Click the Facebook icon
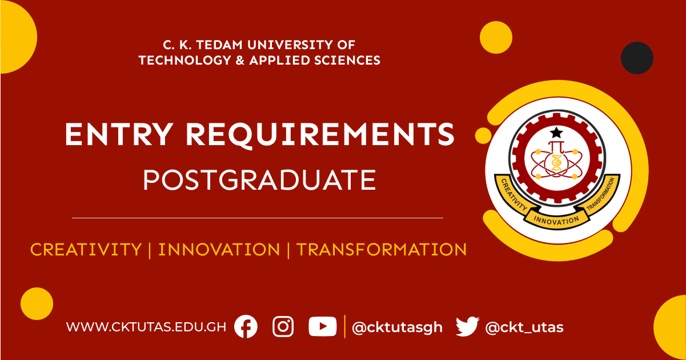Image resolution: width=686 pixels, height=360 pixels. (x=246, y=327)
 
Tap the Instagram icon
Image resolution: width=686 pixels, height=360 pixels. (x=283, y=327)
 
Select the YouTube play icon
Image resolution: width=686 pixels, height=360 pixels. (x=322, y=327)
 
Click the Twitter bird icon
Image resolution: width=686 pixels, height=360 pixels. (x=467, y=327)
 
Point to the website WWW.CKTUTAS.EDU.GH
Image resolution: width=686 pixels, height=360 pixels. (x=146, y=327)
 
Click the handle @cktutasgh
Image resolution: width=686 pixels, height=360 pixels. (x=397, y=327)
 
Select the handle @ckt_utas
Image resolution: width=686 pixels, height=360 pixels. (x=524, y=327)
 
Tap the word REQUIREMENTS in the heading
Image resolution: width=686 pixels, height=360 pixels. (x=319, y=135)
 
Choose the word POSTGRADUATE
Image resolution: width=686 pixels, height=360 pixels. (x=259, y=180)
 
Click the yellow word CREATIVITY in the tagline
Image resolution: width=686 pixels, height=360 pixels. (x=86, y=250)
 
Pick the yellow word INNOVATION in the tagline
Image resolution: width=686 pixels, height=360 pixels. (x=219, y=250)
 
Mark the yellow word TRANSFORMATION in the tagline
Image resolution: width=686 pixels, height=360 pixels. (x=382, y=250)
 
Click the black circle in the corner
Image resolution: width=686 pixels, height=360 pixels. (x=637, y=58)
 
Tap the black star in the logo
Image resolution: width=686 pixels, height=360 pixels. (x=555, y=133)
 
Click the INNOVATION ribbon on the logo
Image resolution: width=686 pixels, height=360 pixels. (x=556, y=219)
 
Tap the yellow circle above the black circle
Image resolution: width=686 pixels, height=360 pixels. (x=496, y=37)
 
